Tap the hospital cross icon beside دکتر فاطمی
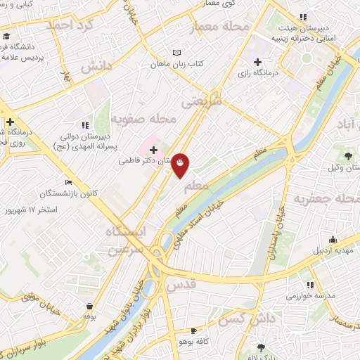click(153, 149)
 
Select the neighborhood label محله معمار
click(221, 27)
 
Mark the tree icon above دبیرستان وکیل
click(348, 155)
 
